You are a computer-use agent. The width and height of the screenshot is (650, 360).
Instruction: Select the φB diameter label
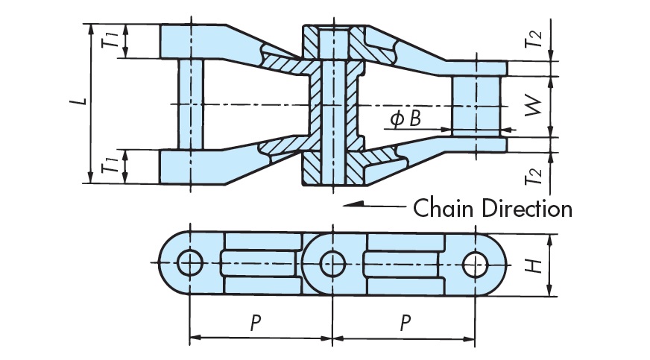click(x=405, y=118)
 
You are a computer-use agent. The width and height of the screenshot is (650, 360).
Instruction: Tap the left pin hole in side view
click(x=190, y=262)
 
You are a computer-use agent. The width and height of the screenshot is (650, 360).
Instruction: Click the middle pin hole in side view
click(x=331, y=262)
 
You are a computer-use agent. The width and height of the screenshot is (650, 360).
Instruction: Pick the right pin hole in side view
click(x=473, y=262)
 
